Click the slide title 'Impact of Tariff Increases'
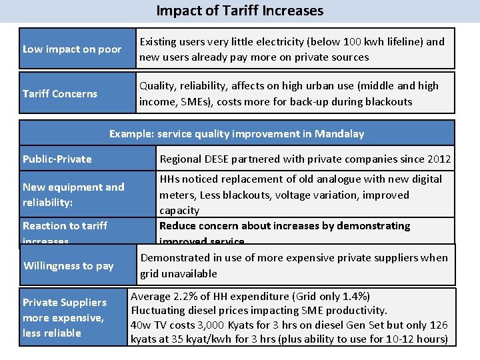[240, 11]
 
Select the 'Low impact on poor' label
[72, 49]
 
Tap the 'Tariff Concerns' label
[60, 93]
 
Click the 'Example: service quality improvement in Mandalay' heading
[237, 133]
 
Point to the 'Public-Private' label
[57, 159]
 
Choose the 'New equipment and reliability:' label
[73, 194]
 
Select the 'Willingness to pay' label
[69, 265]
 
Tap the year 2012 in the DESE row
[439, 159]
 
